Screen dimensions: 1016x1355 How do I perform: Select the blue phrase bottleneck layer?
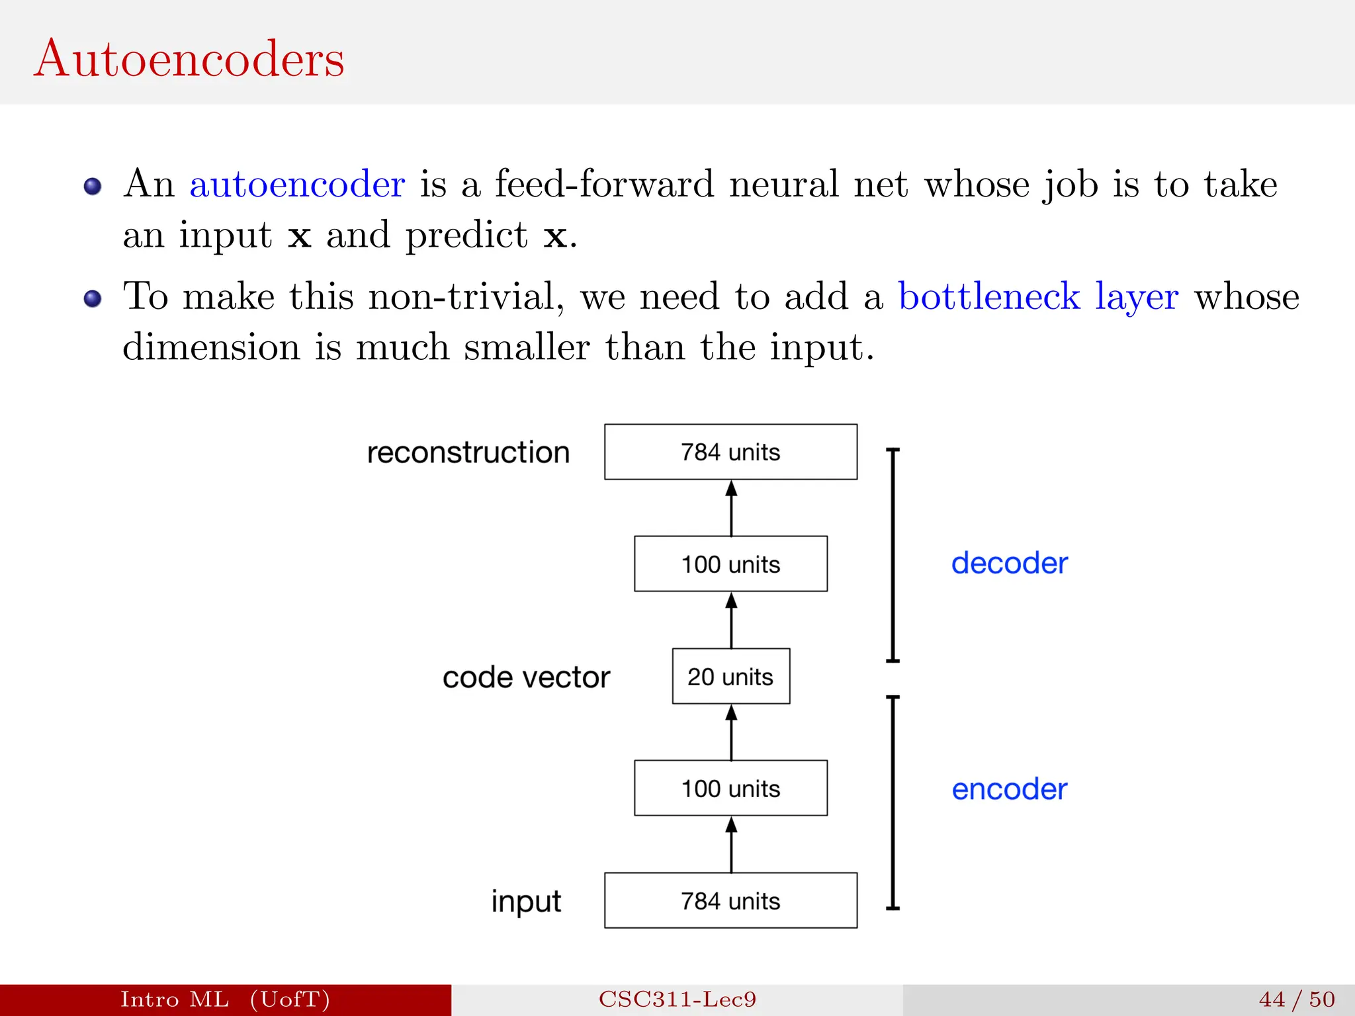1037,296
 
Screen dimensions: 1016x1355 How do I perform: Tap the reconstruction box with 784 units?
730,452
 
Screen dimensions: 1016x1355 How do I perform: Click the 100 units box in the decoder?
730,564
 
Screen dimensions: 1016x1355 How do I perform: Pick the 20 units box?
730,676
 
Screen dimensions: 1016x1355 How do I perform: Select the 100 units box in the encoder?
730,788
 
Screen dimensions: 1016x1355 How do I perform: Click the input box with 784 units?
730,900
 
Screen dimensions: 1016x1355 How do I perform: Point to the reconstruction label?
468,452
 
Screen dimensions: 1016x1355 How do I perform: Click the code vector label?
526,677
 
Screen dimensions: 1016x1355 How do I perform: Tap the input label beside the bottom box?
526,902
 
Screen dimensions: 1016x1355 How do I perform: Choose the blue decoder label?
1009,563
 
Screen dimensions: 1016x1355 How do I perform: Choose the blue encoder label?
1009,789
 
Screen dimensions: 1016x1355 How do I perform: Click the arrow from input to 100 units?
731,845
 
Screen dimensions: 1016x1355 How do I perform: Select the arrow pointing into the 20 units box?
731,732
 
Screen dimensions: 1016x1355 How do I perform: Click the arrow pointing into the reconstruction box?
731,508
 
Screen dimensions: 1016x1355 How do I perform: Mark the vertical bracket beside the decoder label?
893,555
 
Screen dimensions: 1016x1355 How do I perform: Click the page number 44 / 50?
1296,999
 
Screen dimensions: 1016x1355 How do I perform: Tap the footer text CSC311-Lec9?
677,999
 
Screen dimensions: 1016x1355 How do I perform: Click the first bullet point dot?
93,187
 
